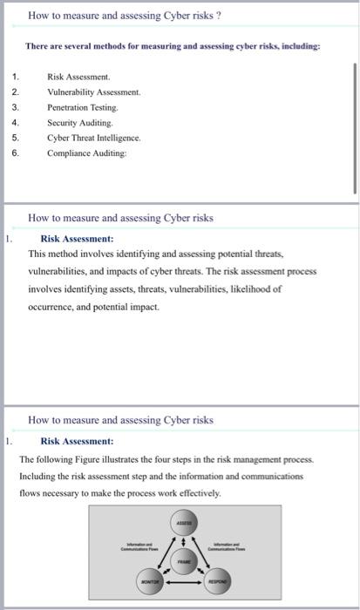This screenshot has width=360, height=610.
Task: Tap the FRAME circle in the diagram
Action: (183, 563)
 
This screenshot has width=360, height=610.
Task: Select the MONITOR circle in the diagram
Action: (149, 579)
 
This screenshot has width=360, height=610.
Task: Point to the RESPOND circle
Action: (216, 579)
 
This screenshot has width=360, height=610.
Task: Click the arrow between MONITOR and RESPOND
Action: (183, 580)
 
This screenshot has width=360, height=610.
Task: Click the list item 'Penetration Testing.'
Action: (83, 106)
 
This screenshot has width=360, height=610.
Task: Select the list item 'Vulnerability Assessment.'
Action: (94, 91)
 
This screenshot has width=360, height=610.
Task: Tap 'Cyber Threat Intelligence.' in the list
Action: (94, 138)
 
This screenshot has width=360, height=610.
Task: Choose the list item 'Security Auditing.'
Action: (78, 122)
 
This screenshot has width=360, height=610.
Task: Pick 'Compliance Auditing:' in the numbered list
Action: (86, 152)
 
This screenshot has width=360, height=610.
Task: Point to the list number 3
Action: (14, 106)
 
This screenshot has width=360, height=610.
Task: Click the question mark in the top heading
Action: (217, 16)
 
